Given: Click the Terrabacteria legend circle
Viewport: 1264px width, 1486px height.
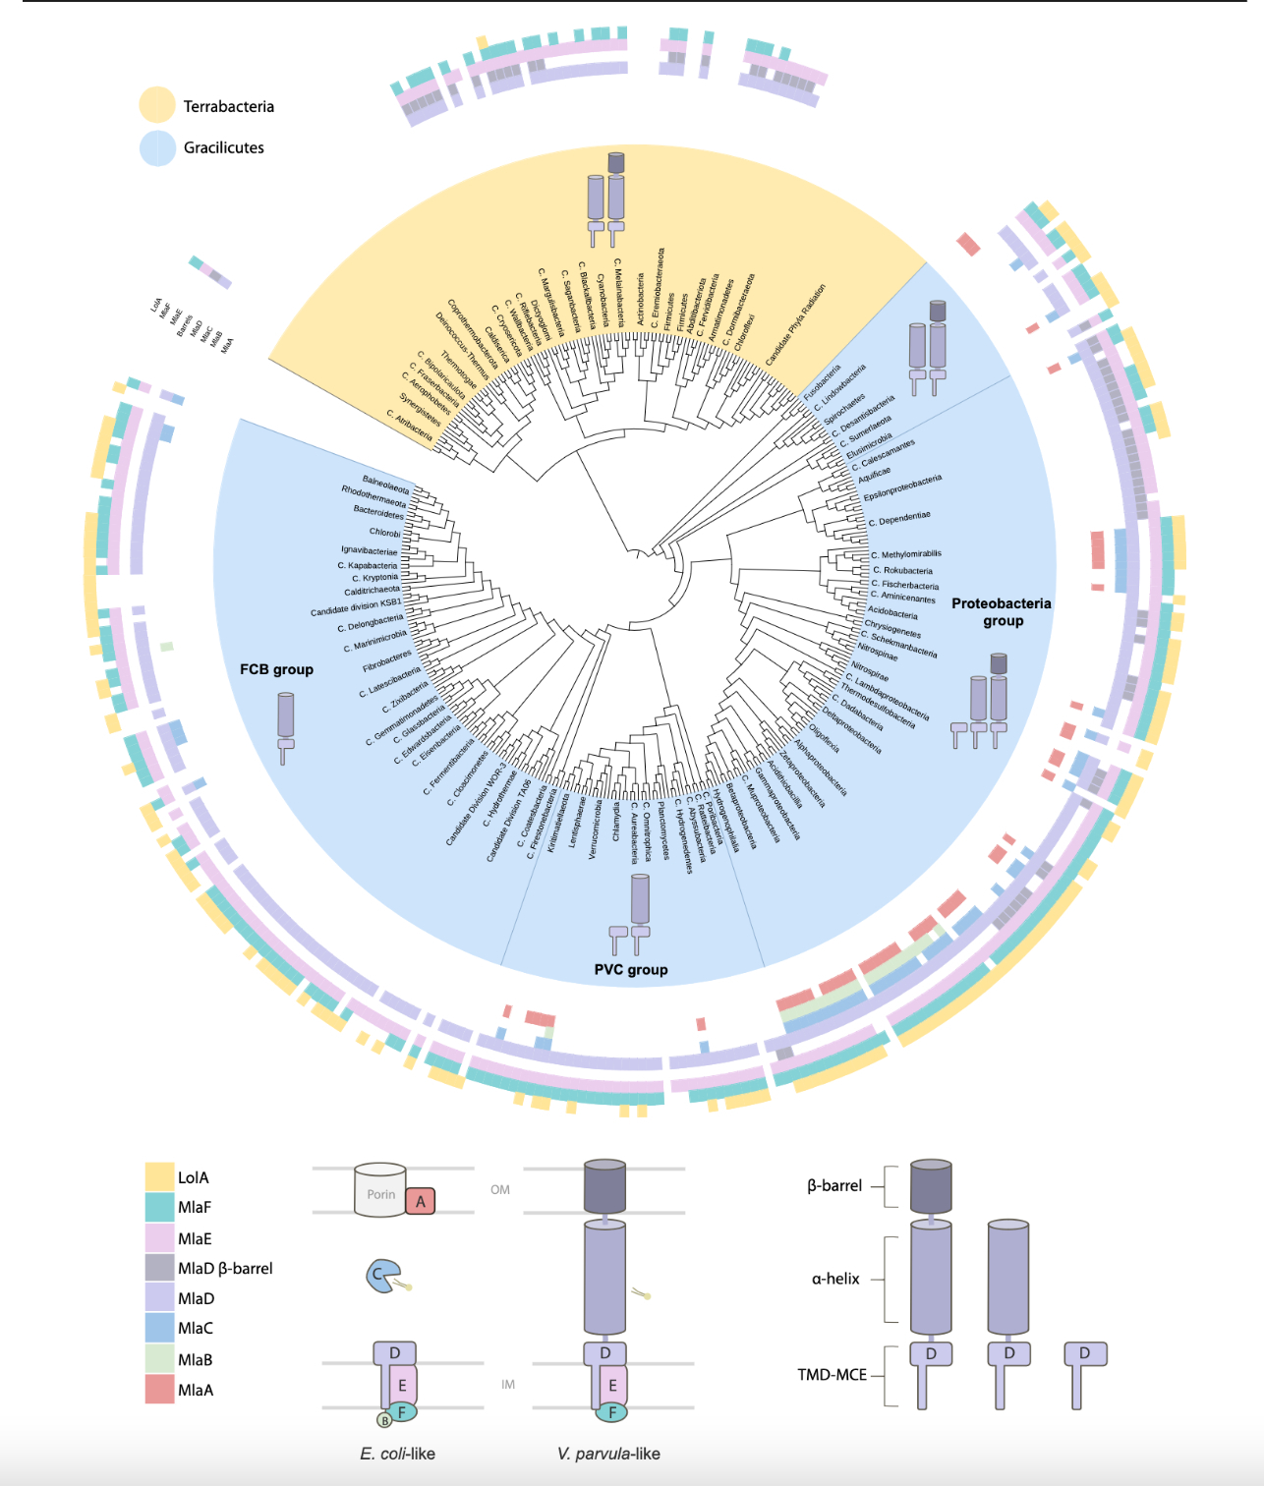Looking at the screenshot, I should (157, 105).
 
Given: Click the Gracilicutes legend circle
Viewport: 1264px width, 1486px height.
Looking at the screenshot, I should (157, 147).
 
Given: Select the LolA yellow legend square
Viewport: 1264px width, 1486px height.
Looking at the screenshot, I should (159, 1176).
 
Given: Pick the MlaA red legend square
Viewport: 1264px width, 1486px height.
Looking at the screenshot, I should (159, 1389).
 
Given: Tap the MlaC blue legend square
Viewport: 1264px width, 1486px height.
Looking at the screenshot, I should (159, 1328).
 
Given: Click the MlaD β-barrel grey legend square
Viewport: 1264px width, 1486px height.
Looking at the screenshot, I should (159, 1268).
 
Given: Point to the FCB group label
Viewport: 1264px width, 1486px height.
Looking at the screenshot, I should (276, 669).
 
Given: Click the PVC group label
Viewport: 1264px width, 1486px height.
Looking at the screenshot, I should (631, 969).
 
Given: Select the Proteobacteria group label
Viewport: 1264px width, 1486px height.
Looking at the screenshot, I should (1002, 611).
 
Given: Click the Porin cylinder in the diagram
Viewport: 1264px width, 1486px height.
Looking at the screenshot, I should (379, 1191).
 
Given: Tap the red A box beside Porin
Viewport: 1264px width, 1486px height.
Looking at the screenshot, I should (421, 1201).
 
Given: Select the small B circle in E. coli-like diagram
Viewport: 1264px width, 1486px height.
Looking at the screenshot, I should (384, 1420).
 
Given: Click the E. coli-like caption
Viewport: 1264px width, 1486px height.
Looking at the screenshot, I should (397, 1454).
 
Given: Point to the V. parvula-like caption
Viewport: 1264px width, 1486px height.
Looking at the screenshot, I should (608, 1454).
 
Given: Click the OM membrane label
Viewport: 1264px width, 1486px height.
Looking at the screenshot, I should (500, 1189).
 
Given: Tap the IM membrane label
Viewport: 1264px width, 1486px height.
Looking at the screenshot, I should (508, 1384).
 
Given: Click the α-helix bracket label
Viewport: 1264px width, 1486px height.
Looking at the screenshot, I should (835, 1279).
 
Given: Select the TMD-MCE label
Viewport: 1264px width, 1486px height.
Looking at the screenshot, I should (832, 1374).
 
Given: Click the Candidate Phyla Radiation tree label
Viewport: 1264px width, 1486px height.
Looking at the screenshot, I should (795, 325).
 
